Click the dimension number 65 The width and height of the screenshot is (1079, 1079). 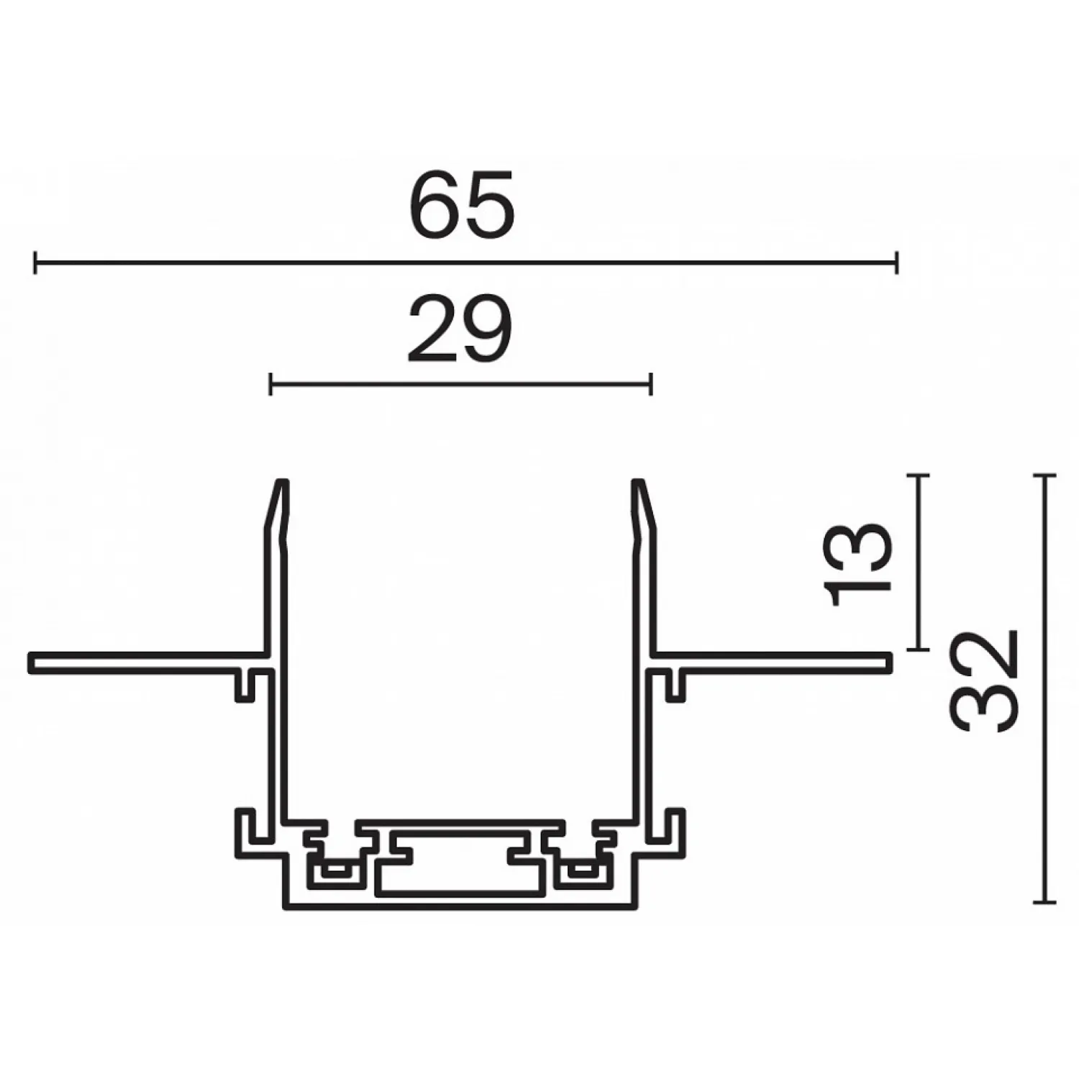[463, 204]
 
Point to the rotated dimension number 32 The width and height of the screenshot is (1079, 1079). [986, 681]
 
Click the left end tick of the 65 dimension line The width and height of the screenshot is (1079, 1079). [35, 263]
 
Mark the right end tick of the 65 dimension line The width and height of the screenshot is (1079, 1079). [896, 263]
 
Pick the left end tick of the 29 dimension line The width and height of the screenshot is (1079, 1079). [270, 384]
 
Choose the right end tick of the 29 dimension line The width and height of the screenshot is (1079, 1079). [650, 384]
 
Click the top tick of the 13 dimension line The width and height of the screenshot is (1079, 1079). [916, 475]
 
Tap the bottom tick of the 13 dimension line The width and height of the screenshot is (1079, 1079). [916, 650]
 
